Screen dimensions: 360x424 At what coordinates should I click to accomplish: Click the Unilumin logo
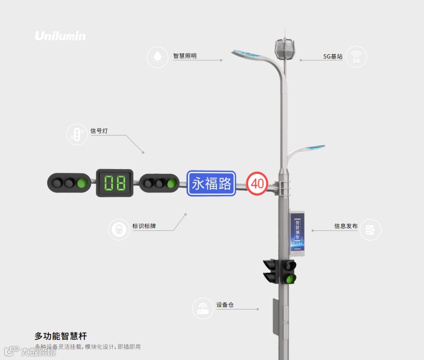[60, 36]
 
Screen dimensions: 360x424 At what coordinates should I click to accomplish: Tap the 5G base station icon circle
[356, 57]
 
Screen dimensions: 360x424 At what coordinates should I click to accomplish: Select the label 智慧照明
[184, 56]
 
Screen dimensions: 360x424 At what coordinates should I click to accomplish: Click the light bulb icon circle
[157, 57]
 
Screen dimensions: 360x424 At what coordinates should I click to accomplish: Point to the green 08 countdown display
[114, 183]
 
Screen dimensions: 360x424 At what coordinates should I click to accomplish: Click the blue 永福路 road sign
[211, 183]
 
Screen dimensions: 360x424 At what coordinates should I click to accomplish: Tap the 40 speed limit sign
[257, 184]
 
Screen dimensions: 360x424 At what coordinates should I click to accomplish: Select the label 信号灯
[99, 131]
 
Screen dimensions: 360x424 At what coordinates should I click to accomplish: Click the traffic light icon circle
[77, 135]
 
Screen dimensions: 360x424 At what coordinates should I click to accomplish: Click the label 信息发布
[345, 226]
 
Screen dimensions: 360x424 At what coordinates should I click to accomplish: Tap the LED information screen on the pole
[298, 232]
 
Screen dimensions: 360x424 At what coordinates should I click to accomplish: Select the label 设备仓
[225, 305]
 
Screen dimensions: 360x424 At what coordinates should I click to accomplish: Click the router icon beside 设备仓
[203, 308]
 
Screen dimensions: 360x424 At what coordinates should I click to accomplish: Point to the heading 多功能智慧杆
[61, 336]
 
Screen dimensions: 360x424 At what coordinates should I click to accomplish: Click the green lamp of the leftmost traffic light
[81, 183]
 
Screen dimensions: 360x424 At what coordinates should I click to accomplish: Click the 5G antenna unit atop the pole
[286, 49]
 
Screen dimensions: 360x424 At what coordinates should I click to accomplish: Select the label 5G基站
[333, 56]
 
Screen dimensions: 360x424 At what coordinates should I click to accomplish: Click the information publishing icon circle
[370, 230]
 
